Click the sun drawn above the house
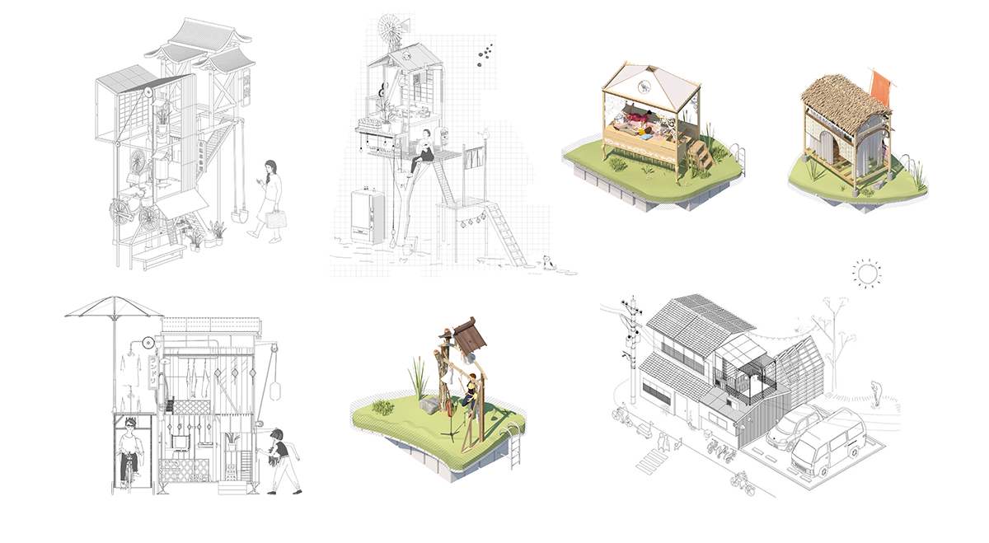point(866,274)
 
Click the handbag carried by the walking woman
point(274,218)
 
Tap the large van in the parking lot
point(827,442)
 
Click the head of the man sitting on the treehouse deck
point(426,133)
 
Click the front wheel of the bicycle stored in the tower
point(150,219)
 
